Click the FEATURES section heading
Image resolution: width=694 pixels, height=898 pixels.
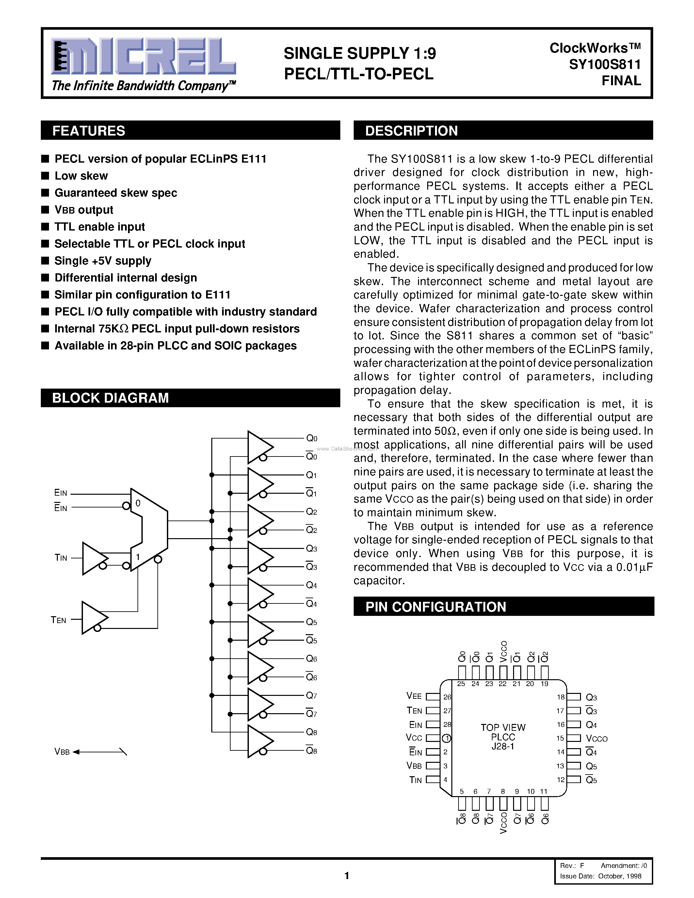click(89, 131)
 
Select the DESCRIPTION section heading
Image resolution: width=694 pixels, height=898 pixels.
click(411, 131)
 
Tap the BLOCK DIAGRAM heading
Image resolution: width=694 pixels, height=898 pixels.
click(110, 398)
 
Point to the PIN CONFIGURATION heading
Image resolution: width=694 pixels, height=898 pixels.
click(435, 607)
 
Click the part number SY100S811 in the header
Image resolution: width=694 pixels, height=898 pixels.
click(605, 65)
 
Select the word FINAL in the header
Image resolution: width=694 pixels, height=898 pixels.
click(621, 81)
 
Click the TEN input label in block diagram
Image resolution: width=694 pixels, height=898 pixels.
click(58, 620)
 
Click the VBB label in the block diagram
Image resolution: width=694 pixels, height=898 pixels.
click(62, 752)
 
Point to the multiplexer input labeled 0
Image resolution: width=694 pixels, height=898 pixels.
click(138, 503)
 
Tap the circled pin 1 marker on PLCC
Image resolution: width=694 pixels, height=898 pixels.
click(446, 738)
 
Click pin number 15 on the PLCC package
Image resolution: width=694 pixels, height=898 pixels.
click(560, 738)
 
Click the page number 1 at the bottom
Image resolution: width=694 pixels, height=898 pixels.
click(347, 876)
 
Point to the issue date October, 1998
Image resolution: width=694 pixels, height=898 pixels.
click(620, 876)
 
